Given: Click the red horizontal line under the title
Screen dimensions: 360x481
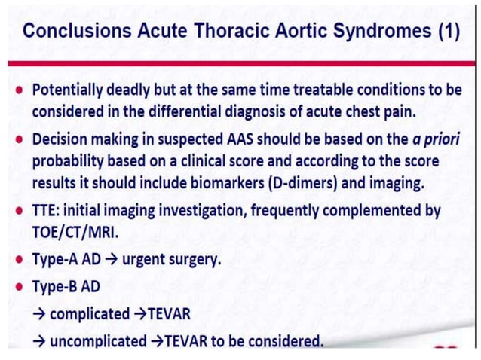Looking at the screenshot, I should click(x=240, y=62).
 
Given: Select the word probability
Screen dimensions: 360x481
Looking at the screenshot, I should click(x=69, y=162).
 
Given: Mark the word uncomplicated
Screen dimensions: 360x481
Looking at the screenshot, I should click(x=100, y=340).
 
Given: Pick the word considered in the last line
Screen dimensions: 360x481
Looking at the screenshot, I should click(x=283, y=340).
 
